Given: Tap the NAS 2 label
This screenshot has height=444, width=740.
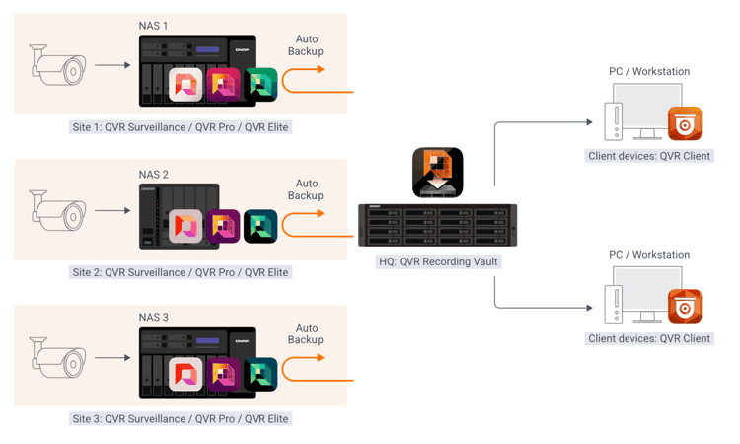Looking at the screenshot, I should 153,175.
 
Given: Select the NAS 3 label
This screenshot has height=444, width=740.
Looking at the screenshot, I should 153,318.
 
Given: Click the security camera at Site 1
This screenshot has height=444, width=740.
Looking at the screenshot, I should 57,66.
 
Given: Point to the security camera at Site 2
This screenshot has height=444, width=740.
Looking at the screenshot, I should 57,211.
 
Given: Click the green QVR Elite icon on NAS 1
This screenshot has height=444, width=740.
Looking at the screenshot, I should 260,85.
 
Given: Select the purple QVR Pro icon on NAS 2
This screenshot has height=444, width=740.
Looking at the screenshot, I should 223,226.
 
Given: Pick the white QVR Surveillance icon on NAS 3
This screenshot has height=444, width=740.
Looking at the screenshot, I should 186,374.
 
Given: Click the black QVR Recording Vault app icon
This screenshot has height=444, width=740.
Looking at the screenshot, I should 437,172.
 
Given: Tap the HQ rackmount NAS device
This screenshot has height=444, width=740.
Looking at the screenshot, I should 437,226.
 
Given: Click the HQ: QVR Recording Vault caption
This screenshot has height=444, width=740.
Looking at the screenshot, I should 438,262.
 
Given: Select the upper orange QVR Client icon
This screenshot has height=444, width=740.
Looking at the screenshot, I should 685,123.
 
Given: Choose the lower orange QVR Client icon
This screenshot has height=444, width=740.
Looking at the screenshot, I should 685,306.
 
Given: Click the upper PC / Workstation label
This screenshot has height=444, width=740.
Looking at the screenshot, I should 648,72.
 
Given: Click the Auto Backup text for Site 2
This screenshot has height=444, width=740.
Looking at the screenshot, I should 306,189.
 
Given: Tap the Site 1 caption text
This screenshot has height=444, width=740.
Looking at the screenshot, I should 181,127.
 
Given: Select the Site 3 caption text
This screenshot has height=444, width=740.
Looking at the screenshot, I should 181,419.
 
